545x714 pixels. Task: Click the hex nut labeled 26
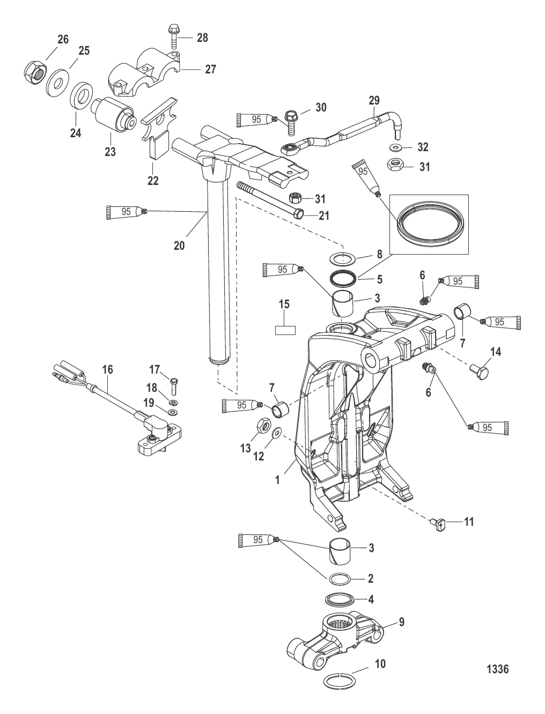click(35, 72)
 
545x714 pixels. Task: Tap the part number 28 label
click(202, 38)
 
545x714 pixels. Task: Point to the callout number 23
click(111, 151)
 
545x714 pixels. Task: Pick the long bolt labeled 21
click(271, 202)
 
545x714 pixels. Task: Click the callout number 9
click(402, 622)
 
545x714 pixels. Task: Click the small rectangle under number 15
click(285, 330)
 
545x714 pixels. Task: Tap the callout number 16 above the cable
click(107, 369)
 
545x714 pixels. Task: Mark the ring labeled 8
click(343, 258)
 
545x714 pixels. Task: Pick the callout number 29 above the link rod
click(374, 100)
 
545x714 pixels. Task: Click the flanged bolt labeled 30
click(291, 123)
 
